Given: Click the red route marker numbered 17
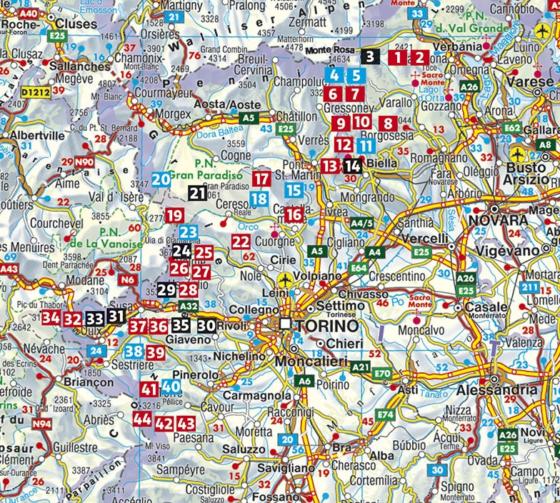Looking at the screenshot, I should [x=262, y=179].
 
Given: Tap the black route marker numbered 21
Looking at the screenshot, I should [x=198, y=192].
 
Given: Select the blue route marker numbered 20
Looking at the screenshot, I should [x=161, y=179].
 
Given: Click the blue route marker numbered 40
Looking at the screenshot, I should [x=171, y=387].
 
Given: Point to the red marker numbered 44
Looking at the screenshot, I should [x=141, y=419].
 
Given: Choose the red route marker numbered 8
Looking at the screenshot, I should [x=388, y=123].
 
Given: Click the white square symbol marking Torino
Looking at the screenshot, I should [x=286, y=324].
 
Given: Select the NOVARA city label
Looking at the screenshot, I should [x=498, y=219].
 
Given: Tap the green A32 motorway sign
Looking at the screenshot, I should [x=188, y=307].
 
